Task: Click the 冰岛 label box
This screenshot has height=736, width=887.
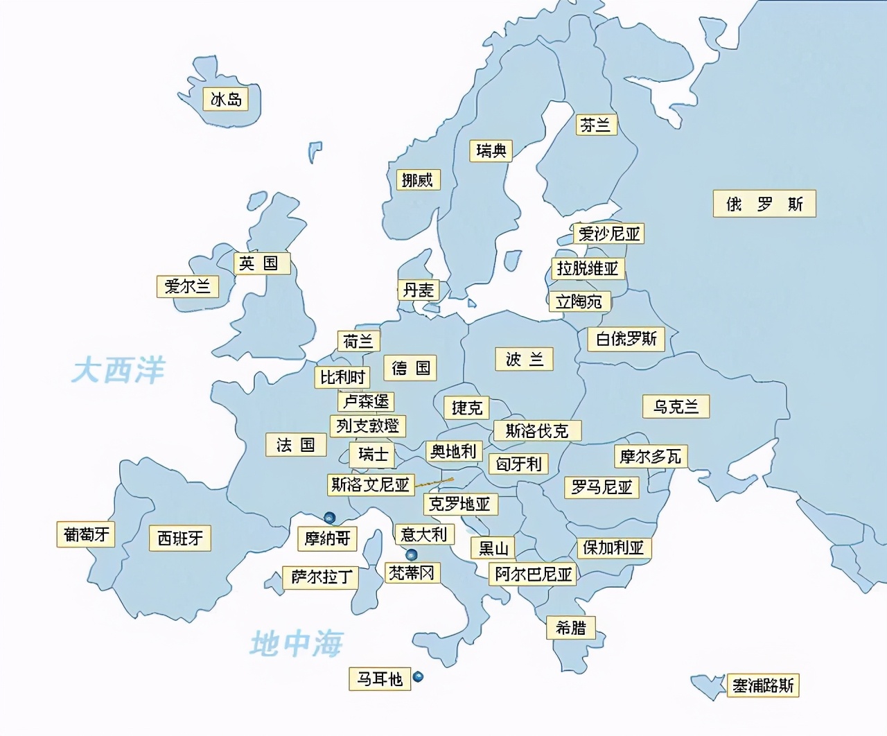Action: click(x=226, y=100)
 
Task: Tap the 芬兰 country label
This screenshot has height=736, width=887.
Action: click(x=595, y=125)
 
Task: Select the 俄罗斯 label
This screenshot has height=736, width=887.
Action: click(x=764, y=204)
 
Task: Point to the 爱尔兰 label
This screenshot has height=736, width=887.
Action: click(x=187, y=286)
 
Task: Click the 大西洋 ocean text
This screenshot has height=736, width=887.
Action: click(x=118, y=369)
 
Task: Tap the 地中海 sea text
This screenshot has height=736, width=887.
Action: click(x=296, y=644)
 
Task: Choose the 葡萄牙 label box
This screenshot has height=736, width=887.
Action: click(x=86, y=534)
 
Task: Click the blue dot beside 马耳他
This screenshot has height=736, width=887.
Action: click(x=418, y=677)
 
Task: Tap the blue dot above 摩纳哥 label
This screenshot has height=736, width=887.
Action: click(x=330, y=517)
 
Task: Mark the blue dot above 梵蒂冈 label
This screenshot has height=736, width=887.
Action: click(x=412, y=554)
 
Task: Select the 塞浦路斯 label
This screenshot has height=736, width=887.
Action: click(x=763, y=685)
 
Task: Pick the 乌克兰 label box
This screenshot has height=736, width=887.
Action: click(x=676, y=406)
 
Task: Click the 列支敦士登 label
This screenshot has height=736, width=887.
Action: click(x=367, y=426)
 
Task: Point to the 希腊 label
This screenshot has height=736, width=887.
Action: click(x=570, y=628)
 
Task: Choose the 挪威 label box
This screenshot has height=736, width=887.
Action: click(x=417, y=180)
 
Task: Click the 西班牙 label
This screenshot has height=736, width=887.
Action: click(x=180, y=538)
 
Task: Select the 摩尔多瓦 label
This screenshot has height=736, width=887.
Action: click(x=650, y=456)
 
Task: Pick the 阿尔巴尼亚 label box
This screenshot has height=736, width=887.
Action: click(x=533, y=574)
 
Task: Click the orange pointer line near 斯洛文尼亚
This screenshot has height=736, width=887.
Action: click(x=434, y=482)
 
